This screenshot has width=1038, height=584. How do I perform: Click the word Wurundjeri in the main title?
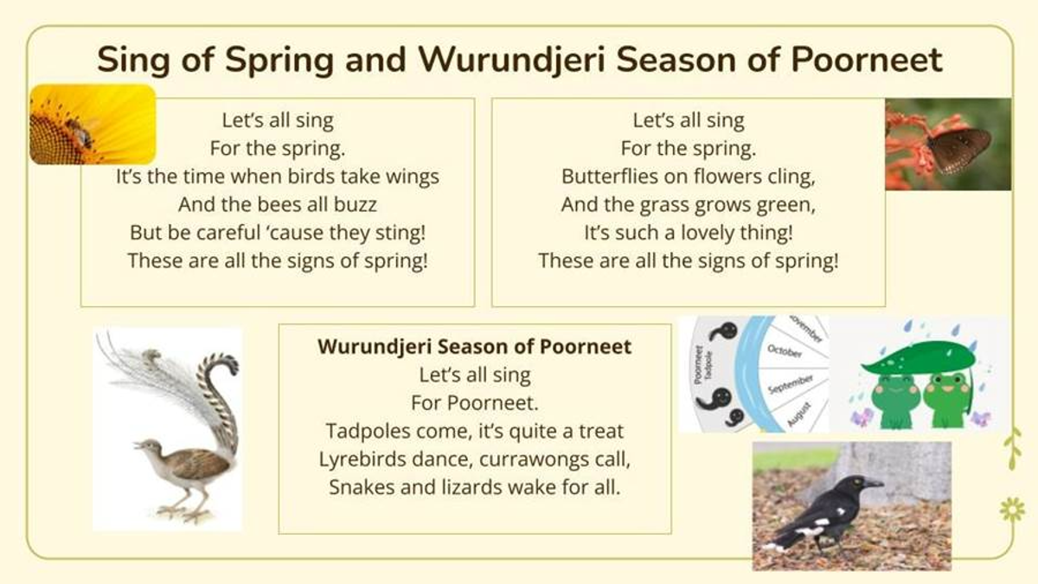[512, 61]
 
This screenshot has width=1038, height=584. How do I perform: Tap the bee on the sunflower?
[79, 132]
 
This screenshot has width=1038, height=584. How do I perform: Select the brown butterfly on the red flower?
[960, 151]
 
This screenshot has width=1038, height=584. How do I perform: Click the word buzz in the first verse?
[357, 204]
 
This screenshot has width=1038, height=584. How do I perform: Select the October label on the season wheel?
[784, 351]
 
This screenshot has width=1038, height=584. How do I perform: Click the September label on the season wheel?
[791, 384]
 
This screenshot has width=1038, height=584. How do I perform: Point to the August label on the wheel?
[800, 414]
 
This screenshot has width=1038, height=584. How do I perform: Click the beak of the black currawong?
[873, 484]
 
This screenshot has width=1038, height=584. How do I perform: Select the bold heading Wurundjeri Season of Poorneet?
[475, 347]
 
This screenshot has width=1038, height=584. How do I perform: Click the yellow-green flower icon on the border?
[1013, 510]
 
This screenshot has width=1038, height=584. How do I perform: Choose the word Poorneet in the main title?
[867, 61]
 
